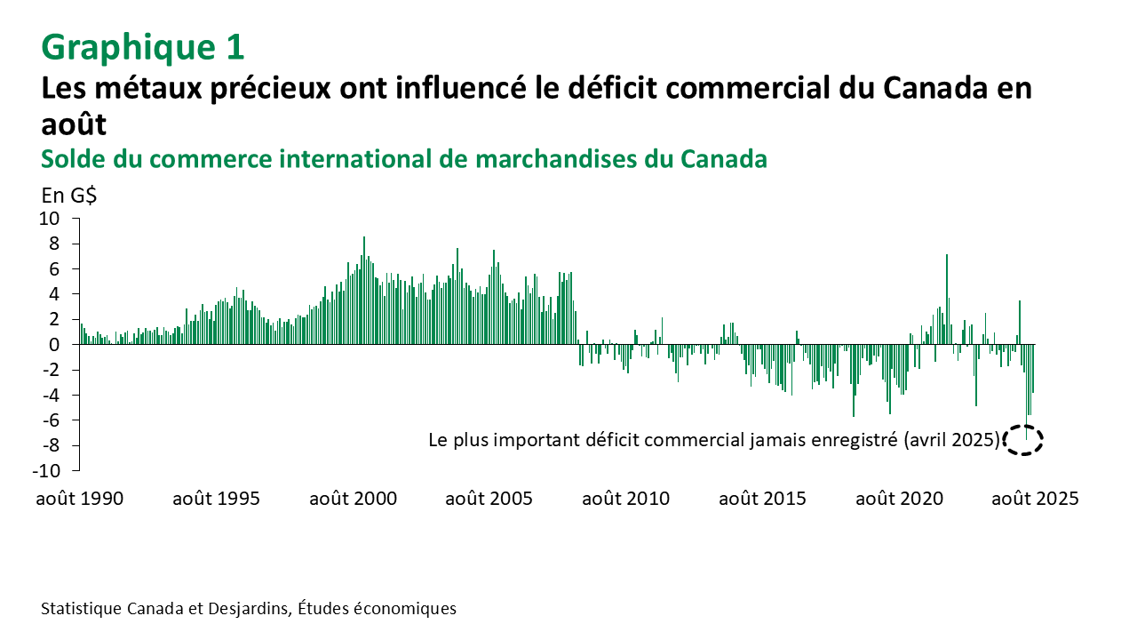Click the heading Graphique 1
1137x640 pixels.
(x=142, y=47)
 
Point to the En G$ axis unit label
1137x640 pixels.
(x=69, y=196)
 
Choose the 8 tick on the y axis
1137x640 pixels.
(x=54, y=243)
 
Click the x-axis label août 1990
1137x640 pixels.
(x=80, y=499)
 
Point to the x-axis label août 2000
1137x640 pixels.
(x=353, y=499)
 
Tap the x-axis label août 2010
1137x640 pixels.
(x=625, y=499)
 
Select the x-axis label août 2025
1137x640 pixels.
(x=1035, y=499)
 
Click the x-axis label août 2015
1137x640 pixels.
(x=762, y=499)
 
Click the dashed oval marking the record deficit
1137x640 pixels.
(x=1024, y=440)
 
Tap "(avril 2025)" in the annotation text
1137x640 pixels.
(x=952, y=439)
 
